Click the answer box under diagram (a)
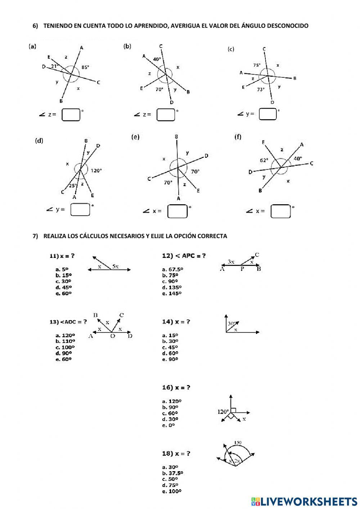pos(71,115)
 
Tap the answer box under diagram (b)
pos(166,115)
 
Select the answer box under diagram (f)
pos(280,211)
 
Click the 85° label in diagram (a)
pos(85,67)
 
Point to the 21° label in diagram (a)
pos(54,66)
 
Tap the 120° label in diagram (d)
pos(96,171)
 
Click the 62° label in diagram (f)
pos(264,160)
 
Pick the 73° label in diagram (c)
pos(261,89)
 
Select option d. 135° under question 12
pos(172,287)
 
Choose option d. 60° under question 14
pos(170,353)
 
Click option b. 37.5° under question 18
pos(172,473)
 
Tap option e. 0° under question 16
pos(168,425)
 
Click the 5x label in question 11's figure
pos(115,266)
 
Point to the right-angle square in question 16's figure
pos(233,410)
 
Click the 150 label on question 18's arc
pos(238,443)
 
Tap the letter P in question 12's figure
pos(242,269)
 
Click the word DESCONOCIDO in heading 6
pos(288,26)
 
